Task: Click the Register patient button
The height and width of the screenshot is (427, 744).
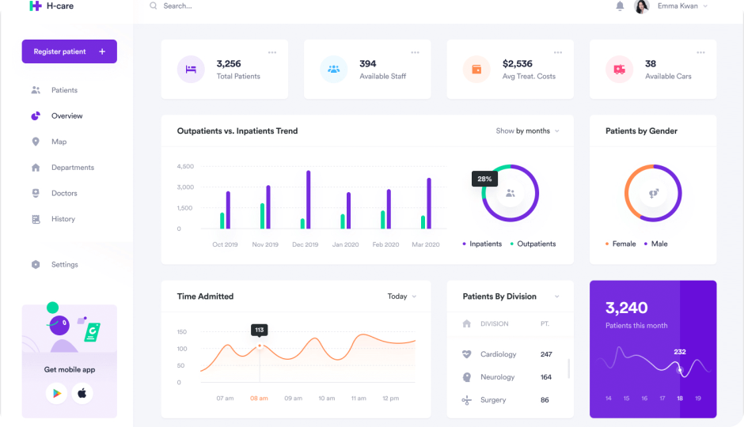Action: click(x=69, y=51)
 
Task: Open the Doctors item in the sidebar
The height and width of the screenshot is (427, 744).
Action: click(x=64, y=193)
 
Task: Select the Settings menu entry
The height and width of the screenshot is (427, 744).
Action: click(x=64, y=264)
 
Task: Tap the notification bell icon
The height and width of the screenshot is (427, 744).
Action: click(x=620, y=6)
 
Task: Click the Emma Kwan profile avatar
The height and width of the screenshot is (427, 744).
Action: click(x=642, y=6)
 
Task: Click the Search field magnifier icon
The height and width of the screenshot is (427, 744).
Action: click(x=153, y=6)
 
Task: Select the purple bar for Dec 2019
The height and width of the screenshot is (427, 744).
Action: click(x=308, y=199)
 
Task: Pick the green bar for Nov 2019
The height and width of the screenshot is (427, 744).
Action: click(x=262, y=216)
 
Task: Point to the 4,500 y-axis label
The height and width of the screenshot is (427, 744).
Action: click(x=185, y=166)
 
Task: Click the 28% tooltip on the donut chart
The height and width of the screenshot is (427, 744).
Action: click(x=484, y=179)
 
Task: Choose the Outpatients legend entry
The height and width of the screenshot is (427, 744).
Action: click(x=536, y=244)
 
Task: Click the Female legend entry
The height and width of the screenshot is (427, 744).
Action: click(x=623, y=244)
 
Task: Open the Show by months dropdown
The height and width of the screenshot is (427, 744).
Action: click(x=527, y=130)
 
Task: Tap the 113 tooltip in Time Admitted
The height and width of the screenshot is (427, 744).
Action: click(x=259, y=330)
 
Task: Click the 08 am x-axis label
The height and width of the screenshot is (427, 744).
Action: click(x=259, y=398)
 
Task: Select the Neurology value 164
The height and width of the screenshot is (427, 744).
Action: click(x=546, y=377)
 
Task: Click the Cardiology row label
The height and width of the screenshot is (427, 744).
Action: click(x=498, y=354)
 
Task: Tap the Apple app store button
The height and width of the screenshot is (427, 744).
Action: click(x=82, y=393)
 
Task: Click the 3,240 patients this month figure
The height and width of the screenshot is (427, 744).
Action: click(x=627, y=308)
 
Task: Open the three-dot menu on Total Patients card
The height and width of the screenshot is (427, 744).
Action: click(x=272, y=52)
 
